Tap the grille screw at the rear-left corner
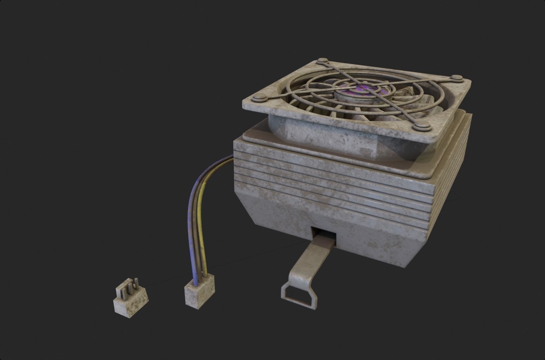pos(322,61)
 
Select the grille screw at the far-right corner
pos(457,78)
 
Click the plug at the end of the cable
pos(200,292)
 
